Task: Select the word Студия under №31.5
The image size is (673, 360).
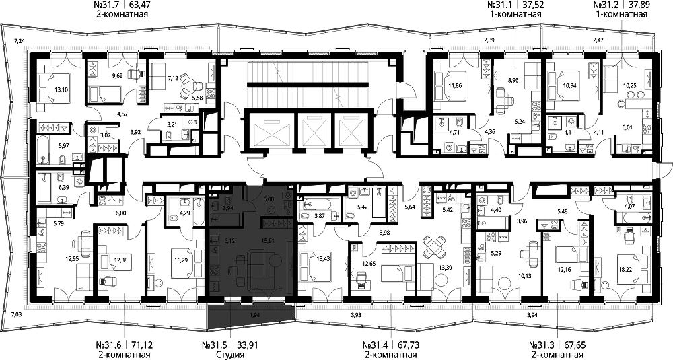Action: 230,355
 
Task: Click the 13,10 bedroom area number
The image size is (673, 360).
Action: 61,91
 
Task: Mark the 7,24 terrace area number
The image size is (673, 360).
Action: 19,41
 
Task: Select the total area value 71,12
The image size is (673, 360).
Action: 141,345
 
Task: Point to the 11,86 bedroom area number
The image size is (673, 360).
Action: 456,85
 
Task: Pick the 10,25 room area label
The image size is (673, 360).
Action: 629,85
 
